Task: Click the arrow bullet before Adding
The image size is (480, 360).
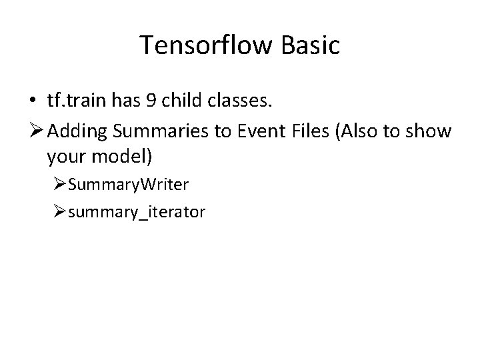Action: coord(35,132)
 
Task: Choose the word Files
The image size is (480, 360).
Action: coord(313,132)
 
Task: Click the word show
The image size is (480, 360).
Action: coord(434,132)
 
